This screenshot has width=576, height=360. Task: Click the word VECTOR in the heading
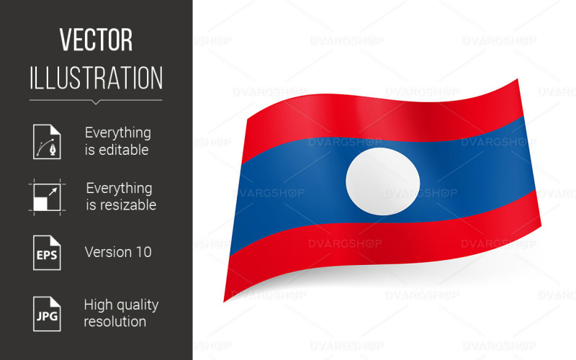(x=96, y=40)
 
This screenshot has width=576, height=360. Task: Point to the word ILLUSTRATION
(x=96, y=78)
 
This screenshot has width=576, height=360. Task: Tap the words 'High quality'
(x=121, y=305)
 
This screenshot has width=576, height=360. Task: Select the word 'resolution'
(x=114, y=322)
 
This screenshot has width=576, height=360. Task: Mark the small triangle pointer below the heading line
(x=96, y=102)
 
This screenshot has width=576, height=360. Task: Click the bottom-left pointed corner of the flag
(x=225, y=300)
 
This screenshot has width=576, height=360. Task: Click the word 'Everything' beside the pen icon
(x=118, y=132)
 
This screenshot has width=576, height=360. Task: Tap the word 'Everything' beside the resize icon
(x=119, y=188)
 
